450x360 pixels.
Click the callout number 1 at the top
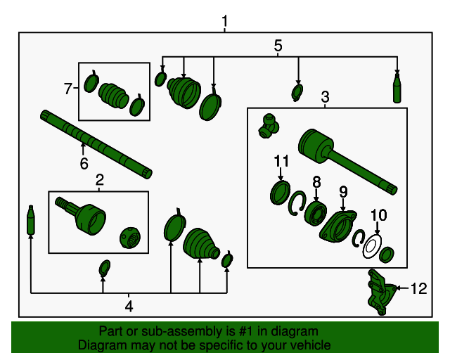[225, 23]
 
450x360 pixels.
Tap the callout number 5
[278, 46]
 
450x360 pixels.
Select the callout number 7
[68, 89]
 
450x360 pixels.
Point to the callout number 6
[84, 164]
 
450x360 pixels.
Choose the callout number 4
[129, 306]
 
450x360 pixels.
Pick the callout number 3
[326, 96]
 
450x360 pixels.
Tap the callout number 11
[281, 162]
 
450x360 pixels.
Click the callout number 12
[418, 288]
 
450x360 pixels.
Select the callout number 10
[378, 215]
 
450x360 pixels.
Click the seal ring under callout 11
[281, 191]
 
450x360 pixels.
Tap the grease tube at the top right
[397, 88]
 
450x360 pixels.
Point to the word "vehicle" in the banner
[307, 345]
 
